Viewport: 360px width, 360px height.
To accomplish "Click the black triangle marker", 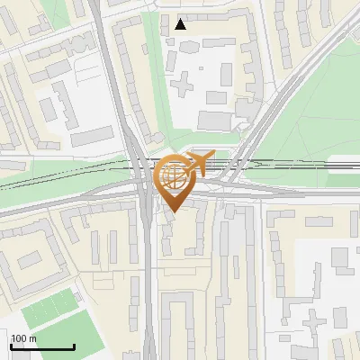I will (x=181, y=24).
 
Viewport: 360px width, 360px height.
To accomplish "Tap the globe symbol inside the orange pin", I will (x=174, y=178).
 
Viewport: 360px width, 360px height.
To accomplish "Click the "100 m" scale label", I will (x=23, y=338).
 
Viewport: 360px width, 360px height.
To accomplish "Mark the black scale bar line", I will (x=42, y=346).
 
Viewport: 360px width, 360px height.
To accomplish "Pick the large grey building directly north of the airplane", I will (x=213, y=120).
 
